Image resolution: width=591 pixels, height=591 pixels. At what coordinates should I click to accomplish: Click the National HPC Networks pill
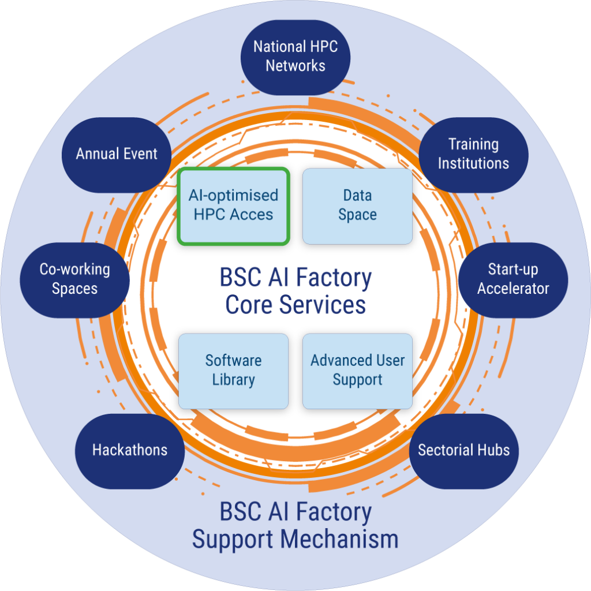[295, 56]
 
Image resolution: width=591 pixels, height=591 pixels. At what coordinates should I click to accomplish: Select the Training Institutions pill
[473, 154]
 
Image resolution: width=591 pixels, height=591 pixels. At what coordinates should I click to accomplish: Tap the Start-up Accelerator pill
[513, 279]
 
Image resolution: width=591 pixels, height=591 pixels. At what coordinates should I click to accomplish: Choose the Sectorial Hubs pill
[463, 451]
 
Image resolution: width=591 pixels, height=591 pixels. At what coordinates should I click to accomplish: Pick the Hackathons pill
[130, 451]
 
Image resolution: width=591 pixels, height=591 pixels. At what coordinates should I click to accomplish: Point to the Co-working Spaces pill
[74, 279]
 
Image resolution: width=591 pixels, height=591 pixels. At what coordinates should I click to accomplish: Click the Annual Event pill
[117, 154]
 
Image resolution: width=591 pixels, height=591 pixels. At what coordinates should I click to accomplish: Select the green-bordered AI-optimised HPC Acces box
[233, 205]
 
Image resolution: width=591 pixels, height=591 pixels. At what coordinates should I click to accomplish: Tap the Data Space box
[357, 205]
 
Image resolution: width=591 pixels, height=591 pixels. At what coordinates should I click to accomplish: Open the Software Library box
[233, 371]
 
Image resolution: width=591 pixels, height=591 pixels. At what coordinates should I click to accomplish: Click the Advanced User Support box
[357, 371]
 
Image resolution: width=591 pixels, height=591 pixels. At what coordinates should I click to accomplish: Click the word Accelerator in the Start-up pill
[513, 289]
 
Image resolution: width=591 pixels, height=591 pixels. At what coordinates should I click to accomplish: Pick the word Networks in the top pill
[295, 66]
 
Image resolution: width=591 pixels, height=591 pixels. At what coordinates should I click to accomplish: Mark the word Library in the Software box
[233, 380]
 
